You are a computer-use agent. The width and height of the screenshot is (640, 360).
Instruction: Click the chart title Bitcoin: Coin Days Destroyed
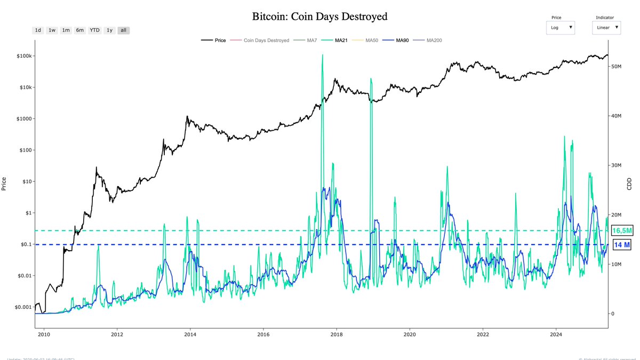[319, 17]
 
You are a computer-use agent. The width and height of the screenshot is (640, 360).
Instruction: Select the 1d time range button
[38, 30]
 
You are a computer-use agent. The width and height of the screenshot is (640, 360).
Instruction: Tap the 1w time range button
[52, 30]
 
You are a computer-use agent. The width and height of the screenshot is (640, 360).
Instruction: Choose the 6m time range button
[79, 30]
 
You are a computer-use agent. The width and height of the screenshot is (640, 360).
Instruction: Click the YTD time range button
[94, 30]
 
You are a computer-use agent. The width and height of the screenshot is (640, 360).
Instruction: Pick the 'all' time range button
[123, 30]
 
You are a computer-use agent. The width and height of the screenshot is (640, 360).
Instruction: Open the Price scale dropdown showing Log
[560, 27]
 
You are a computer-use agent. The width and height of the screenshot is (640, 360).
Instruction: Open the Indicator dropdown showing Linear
[606, 27]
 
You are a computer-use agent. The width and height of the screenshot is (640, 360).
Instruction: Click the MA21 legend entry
[337, 41]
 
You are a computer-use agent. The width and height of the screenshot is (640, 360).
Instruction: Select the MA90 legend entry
[398, 41]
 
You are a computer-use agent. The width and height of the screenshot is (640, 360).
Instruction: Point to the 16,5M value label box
[622, 231]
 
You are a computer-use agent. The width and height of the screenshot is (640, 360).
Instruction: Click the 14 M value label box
[622, 245]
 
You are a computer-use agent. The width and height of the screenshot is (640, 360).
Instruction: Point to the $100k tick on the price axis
[25, 56]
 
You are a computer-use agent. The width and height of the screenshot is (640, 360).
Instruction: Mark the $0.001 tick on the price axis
[23, 307]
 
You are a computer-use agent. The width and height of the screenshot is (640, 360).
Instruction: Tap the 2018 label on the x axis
[337, 335]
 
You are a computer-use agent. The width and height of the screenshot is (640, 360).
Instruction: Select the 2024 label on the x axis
[556, 335]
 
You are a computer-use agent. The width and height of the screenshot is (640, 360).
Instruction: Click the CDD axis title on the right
[629, 184]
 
